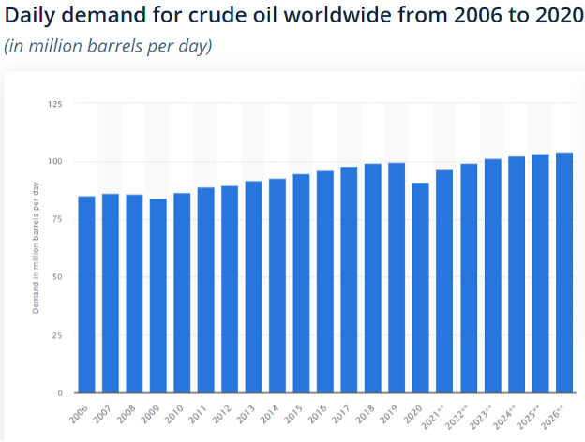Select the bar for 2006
click(x=86, y=294)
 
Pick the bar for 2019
click(x=397, y=277)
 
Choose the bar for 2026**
click(x=564, y=273)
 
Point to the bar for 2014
click(x=277, y=286)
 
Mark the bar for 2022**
click(x=469, y=278)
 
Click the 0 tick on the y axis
click(x=60, y=392)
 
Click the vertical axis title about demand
click(x=36, y=248)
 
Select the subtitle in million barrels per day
click(x=109, y=47)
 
